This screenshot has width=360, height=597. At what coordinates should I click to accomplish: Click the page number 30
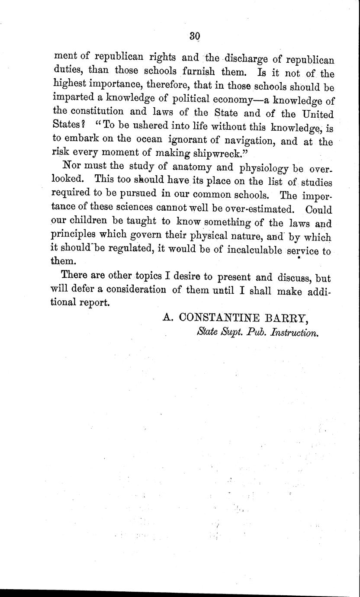pyautogui.click(x=194, y=36)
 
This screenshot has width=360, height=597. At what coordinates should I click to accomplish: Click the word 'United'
pyautogui.click(x=317, y=114)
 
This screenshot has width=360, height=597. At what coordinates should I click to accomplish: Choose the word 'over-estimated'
pyautogui.click(x=259, y=209)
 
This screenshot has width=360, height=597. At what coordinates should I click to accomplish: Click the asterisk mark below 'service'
pyautogui.click(x=299, y=258)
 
